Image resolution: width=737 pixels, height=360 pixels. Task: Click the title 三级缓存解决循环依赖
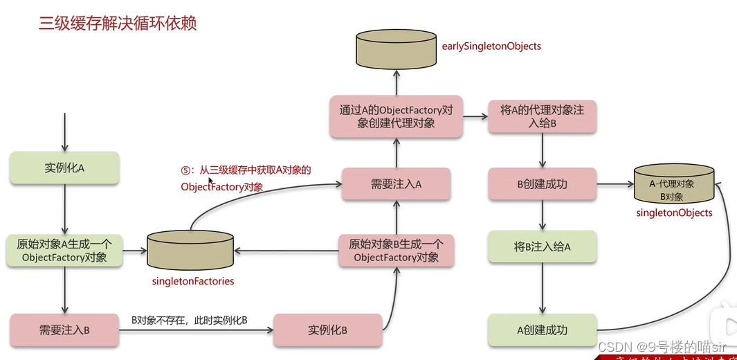(x=117, y=23)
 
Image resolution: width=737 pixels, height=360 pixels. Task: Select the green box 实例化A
(x=64, y=168)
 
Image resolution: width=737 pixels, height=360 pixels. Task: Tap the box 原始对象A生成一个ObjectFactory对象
(x=64, y=251)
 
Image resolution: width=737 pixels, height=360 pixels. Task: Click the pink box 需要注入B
(x=64, y=330)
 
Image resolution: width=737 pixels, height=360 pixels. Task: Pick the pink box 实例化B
(x=327, y=330)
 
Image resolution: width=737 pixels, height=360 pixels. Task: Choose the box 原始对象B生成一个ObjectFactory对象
(x=396, y=251)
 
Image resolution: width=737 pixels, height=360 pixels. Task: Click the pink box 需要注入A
(x=396, y=184)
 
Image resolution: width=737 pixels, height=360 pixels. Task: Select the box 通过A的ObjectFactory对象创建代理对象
(x=396, y=116)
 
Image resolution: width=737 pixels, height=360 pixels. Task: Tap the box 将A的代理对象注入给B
(x=541, y=116)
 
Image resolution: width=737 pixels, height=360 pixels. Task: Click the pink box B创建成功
(x=542, y=184)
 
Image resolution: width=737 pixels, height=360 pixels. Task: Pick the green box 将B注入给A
(x=542, y=246)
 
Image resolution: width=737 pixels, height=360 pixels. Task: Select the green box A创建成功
(x=542, y=330)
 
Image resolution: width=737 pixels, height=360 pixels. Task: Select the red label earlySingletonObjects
(x=491, y=46)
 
